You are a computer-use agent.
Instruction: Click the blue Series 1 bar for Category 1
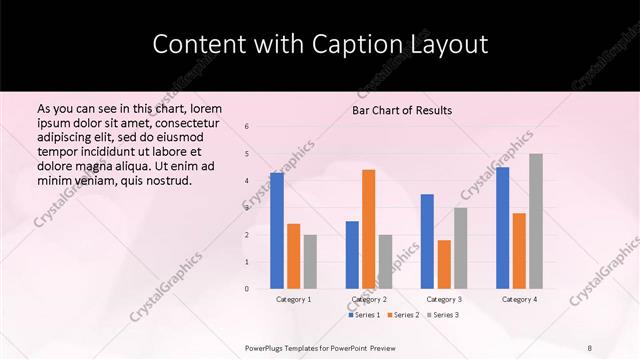coord(277,231)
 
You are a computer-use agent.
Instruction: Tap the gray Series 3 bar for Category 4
coord(536,221)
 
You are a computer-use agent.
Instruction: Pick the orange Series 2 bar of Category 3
coord(444,264)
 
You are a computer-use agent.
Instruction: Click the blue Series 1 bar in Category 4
coord(502,228)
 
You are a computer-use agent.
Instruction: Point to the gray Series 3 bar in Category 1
coord(310,262)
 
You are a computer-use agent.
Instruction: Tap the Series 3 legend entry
coord(443,315)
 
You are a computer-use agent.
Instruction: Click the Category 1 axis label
coord(294,299)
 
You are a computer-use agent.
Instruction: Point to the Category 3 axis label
coord(444,299)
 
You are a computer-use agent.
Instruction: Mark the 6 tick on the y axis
coord(247,126)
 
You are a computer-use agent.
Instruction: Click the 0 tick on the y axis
coord(247,289)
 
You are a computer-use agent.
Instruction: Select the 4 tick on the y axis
coord(247,181)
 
